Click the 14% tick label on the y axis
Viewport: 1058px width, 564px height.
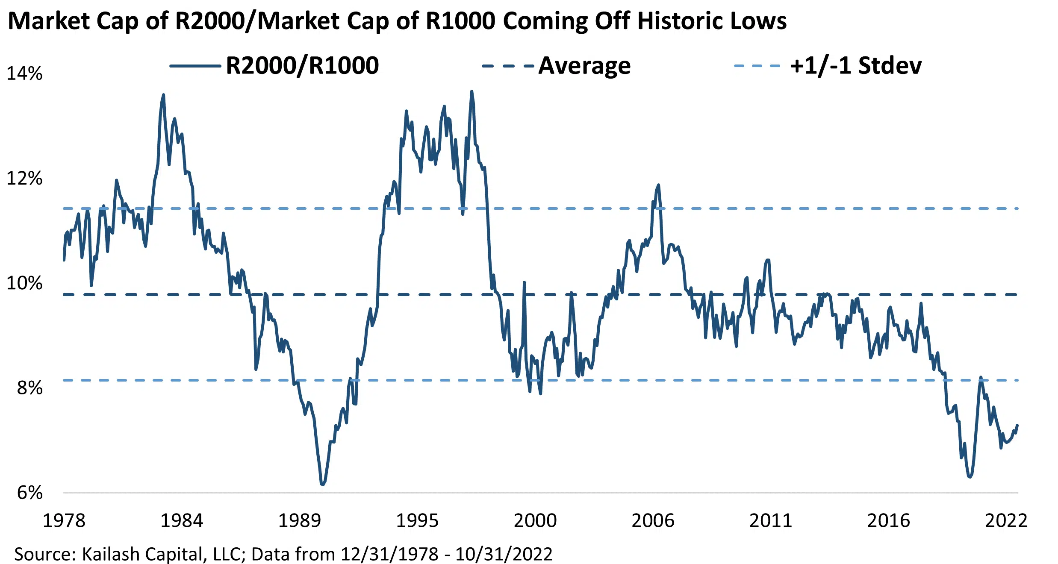point(24,73)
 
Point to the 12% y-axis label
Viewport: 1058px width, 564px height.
point(24,178)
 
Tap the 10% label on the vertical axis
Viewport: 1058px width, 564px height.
point(24,283)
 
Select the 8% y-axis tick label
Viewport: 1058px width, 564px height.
point(29,388)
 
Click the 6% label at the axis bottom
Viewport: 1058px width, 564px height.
point(29,493)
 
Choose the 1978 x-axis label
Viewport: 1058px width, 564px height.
point(64,520)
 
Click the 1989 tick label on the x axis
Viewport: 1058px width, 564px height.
point(299,520)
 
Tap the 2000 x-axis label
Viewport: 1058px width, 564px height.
point(535,520)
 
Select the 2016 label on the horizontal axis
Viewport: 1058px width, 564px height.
point(888,520)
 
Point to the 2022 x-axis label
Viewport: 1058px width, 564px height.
point(1006,520)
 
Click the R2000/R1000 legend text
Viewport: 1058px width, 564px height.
point(302,66)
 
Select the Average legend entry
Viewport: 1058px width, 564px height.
point(584,66)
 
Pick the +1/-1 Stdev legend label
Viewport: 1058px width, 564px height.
point(856,66)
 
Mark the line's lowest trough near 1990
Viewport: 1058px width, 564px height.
point(322,485)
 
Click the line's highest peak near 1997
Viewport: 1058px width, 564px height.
point(472,91)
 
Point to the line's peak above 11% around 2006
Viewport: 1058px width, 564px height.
point(658,185)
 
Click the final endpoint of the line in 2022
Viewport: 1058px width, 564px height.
point(1017,425)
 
